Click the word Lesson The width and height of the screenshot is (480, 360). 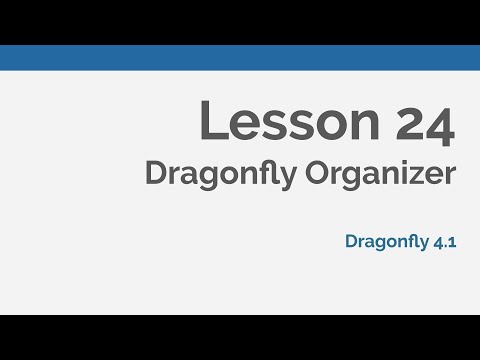[289, 120]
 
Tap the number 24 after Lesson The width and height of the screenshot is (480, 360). [425, 123]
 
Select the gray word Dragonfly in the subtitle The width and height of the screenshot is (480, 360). [221, 175]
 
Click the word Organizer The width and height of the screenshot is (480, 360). [380, 175]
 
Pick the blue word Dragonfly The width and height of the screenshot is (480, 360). [387, 242]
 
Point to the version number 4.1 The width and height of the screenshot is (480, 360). [445, 242]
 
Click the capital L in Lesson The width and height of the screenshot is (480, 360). [213, 120]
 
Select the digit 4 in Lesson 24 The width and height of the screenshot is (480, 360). [439, 126]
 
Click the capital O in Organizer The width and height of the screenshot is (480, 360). [318, 173]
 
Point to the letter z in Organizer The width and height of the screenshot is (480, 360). [418, 176]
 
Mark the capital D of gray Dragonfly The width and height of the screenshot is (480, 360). [157, 173]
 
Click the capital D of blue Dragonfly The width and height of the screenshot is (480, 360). [352, 241]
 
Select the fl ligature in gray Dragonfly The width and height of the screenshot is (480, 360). [268, 172]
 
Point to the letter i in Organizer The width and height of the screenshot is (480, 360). [406, 173]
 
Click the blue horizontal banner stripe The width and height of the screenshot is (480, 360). [240, 58]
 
